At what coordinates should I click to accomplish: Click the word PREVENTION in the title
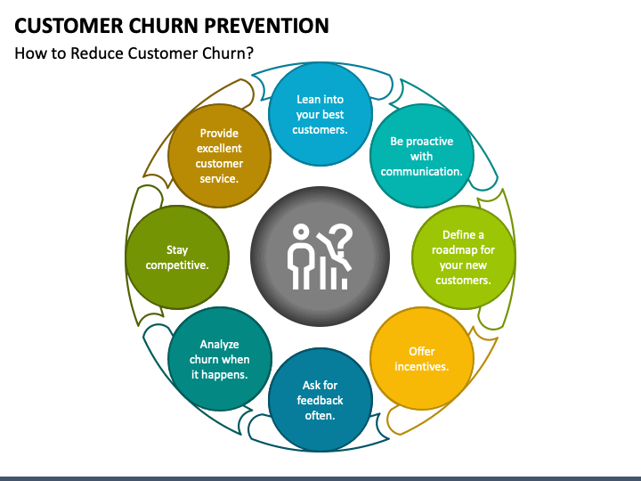coord(266,26)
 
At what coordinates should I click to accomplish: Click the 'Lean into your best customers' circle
coord(320,114)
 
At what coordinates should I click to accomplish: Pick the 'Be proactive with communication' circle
coord(421,156)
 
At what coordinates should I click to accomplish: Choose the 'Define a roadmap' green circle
coord(463,257)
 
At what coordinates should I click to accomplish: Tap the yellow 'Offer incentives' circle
coord(421,359)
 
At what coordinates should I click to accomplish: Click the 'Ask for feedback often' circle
coord(320,400)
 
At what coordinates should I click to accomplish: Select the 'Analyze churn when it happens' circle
coord(220,359)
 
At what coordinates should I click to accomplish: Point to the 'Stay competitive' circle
coord(177,257)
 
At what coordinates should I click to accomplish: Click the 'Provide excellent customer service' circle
coord(220,156)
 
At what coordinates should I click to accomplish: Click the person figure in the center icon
coord(301,257)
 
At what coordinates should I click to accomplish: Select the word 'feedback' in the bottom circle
coord(320,400)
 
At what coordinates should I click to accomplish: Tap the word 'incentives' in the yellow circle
coord(421,366)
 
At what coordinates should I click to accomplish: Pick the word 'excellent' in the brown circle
coord(220,148)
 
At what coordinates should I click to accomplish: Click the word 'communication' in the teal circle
coord(421,171)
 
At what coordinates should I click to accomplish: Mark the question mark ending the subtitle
coord(250,53)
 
